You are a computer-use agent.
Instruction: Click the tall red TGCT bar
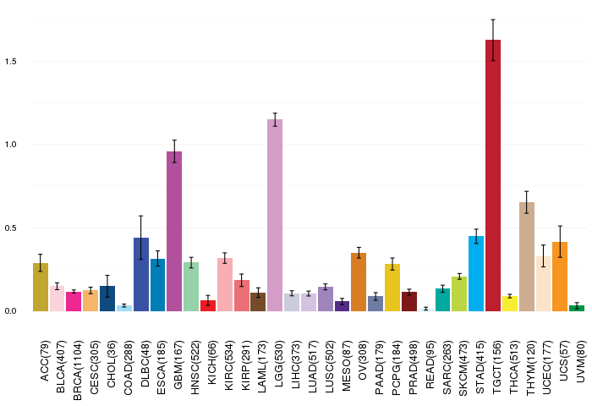coord(493,175)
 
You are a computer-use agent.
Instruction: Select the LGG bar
coord(275,216)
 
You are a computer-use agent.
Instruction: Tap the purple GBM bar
coord(174,231)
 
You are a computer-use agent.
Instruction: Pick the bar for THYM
coord(527,257)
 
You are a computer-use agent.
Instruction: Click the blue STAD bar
coord(476,273)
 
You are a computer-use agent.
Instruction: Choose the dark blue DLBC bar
coord(141,275)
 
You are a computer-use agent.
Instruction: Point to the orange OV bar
coord(359,283)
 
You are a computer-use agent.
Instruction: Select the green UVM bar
coord(577,308)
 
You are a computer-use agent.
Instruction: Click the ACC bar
coord(41,287)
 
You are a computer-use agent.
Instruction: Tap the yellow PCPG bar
coord(392,288)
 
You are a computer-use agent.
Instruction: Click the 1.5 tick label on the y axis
coord(11,61)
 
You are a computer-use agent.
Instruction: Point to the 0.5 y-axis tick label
coord(11,228)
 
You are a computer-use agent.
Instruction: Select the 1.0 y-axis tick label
coord(11,145)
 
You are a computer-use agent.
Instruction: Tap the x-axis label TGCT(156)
coord(497,367)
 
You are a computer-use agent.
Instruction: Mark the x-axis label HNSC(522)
coord(195,367)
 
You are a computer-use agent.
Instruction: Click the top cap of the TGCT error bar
coord(493,19)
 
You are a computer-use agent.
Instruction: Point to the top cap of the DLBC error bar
coord(141,216)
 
